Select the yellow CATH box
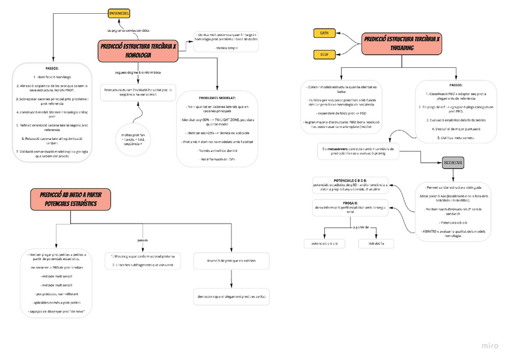pos(325,33)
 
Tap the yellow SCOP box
pos(325,55)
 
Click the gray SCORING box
pos(453,162)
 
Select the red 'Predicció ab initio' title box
pos(69,200)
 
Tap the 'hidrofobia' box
pos(376,243)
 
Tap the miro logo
pos(490,346)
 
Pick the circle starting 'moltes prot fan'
pos(137,139)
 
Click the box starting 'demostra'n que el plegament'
pos(232,297)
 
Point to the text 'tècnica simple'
pos(226,47)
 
